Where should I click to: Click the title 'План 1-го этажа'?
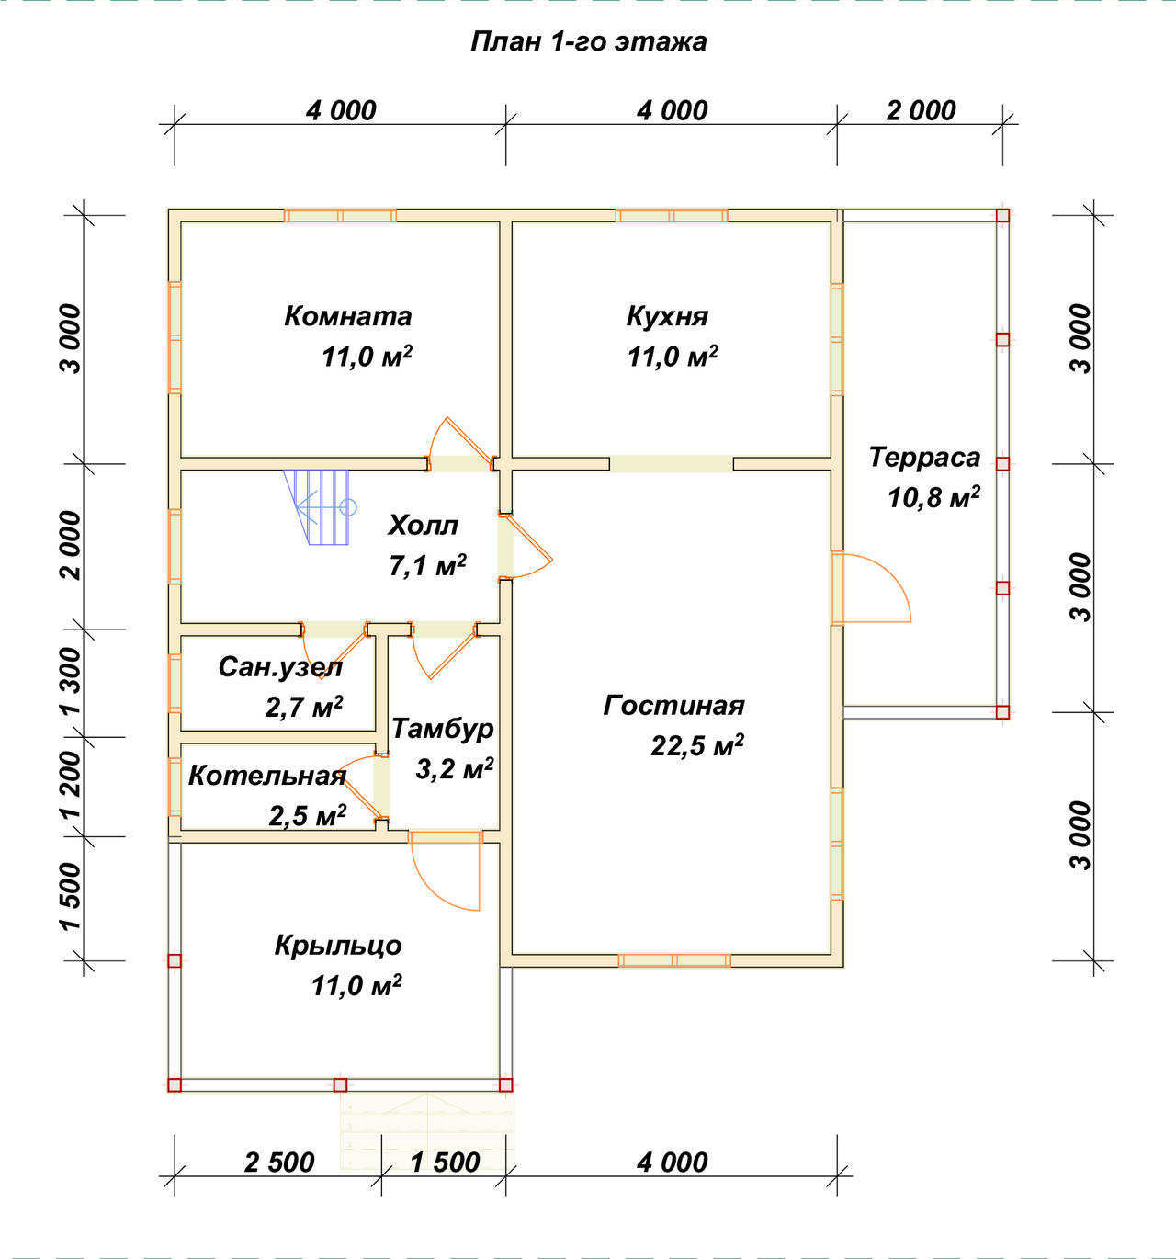click(588, 42)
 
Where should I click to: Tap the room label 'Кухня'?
click(667, 316)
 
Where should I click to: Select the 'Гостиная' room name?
click(673, 705)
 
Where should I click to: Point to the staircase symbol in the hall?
click(320, 507)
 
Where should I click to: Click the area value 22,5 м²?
click(696, 745)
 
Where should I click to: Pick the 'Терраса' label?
click(924, 457)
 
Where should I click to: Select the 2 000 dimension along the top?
click(921, 111)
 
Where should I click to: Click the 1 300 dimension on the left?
click(72, 682)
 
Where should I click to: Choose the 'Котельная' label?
click(267, 776)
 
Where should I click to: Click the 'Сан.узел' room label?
click(280, 667)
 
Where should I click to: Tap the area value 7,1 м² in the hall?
click(428, 565)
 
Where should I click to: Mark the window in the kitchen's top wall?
click(672, 216)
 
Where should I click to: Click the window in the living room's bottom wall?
click(674, 960)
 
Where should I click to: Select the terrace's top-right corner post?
click(1002, 216)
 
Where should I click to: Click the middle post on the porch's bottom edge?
click(341, 1084)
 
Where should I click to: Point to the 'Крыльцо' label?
click(338, 946)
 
